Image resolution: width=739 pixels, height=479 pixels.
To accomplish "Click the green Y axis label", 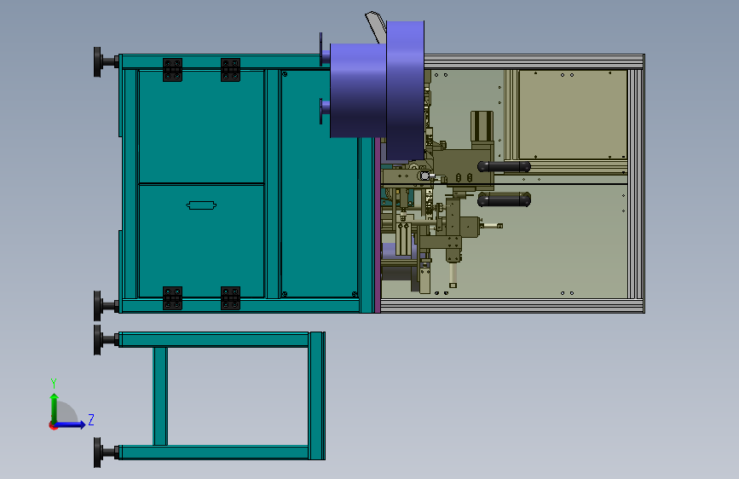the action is (x=54, y=384).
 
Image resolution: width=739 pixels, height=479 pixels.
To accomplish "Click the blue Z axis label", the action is (x=91, y=419).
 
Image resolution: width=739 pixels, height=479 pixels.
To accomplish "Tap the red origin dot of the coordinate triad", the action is (x=53, y=425).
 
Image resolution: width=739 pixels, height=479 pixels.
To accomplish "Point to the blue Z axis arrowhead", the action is (x=83, y=424).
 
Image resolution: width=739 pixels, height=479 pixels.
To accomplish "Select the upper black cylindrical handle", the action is (x=504, y=166).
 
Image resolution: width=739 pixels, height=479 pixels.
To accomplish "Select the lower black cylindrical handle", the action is (x=504, y=199).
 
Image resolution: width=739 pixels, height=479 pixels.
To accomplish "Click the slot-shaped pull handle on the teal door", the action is (x=201, y=205).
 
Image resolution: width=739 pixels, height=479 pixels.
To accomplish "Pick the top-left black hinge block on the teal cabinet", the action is (x=172, y=70).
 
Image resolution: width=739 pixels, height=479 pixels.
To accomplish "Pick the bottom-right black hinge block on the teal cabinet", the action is (x=230, y=298).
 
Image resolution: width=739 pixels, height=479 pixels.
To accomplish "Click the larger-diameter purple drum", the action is (x=406, y=89).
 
